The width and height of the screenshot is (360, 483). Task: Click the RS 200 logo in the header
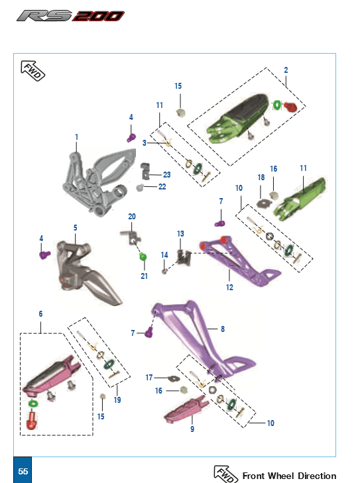tap(71, 16)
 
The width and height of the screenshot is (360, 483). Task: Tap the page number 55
tap(23, 472)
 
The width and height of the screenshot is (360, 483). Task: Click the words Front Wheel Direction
tap(289, 476)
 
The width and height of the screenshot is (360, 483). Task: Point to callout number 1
tap(76, 137)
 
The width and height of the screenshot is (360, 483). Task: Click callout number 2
tap(286, 70)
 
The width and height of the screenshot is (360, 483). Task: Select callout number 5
tap(75, 228)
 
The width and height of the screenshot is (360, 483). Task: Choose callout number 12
tap(229, 288)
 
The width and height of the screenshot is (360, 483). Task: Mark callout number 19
tap(117, 400)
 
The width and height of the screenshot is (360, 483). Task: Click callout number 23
tap(166, 175)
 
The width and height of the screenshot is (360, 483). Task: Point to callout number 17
tap(149, 377)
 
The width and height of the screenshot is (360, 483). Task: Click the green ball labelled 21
tap(143, 257)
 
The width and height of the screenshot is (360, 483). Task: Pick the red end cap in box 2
tap(290, 107)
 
